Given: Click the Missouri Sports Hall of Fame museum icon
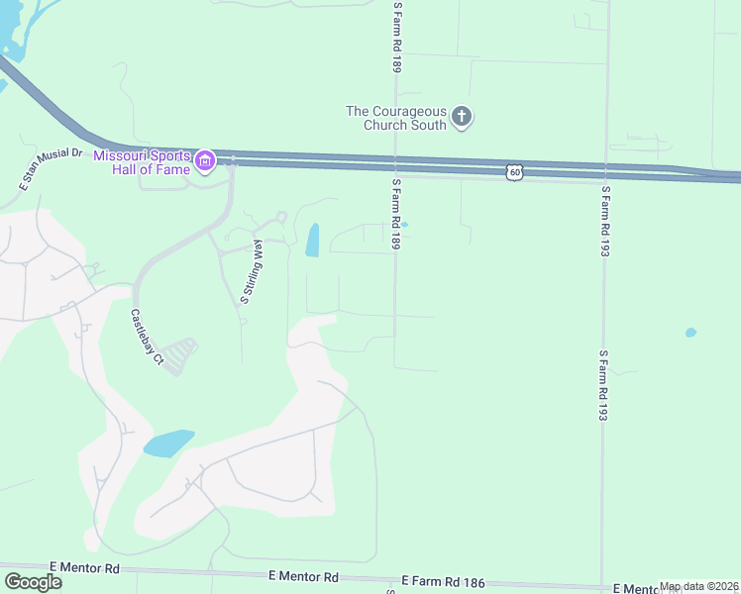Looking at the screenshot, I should pyautogui.click(x=205, y=159).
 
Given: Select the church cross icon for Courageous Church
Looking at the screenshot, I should pyautogui.click(x=461, y=118).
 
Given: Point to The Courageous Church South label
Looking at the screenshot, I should pyautogui.click(x=396, y=118).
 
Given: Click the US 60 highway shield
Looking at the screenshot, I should pyautogui.click(x=513, y=172).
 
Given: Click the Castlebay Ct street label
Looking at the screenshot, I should pyautogui.click(x=146, y=339).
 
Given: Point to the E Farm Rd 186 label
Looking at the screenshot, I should pyautogui.click(x=443, y=582).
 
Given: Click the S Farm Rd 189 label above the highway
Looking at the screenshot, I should pyautogui.click(x=397, y=38).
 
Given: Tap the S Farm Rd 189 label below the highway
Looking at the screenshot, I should pyautogui.click(x=394, y=214).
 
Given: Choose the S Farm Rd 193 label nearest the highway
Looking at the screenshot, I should pyautogui.click(x=604, y=221).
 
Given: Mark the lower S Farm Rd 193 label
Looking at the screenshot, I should pyautogui.click(x=601, y=386).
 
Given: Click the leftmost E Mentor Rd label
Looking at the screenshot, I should pyautogui.click(x=89, y=568).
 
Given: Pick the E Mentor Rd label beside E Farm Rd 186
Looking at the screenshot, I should pyautogui.click(x=303, y=576).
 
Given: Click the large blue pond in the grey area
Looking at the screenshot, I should pyautogui.click(x=168, y=443).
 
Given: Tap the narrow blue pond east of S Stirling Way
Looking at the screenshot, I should pyautogui.click(x=312, y=240).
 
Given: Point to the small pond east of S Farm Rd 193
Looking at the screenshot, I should pyautogui.click(x=690, y=333).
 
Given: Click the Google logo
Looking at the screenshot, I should pyautogui.click(x=33, y=582).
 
